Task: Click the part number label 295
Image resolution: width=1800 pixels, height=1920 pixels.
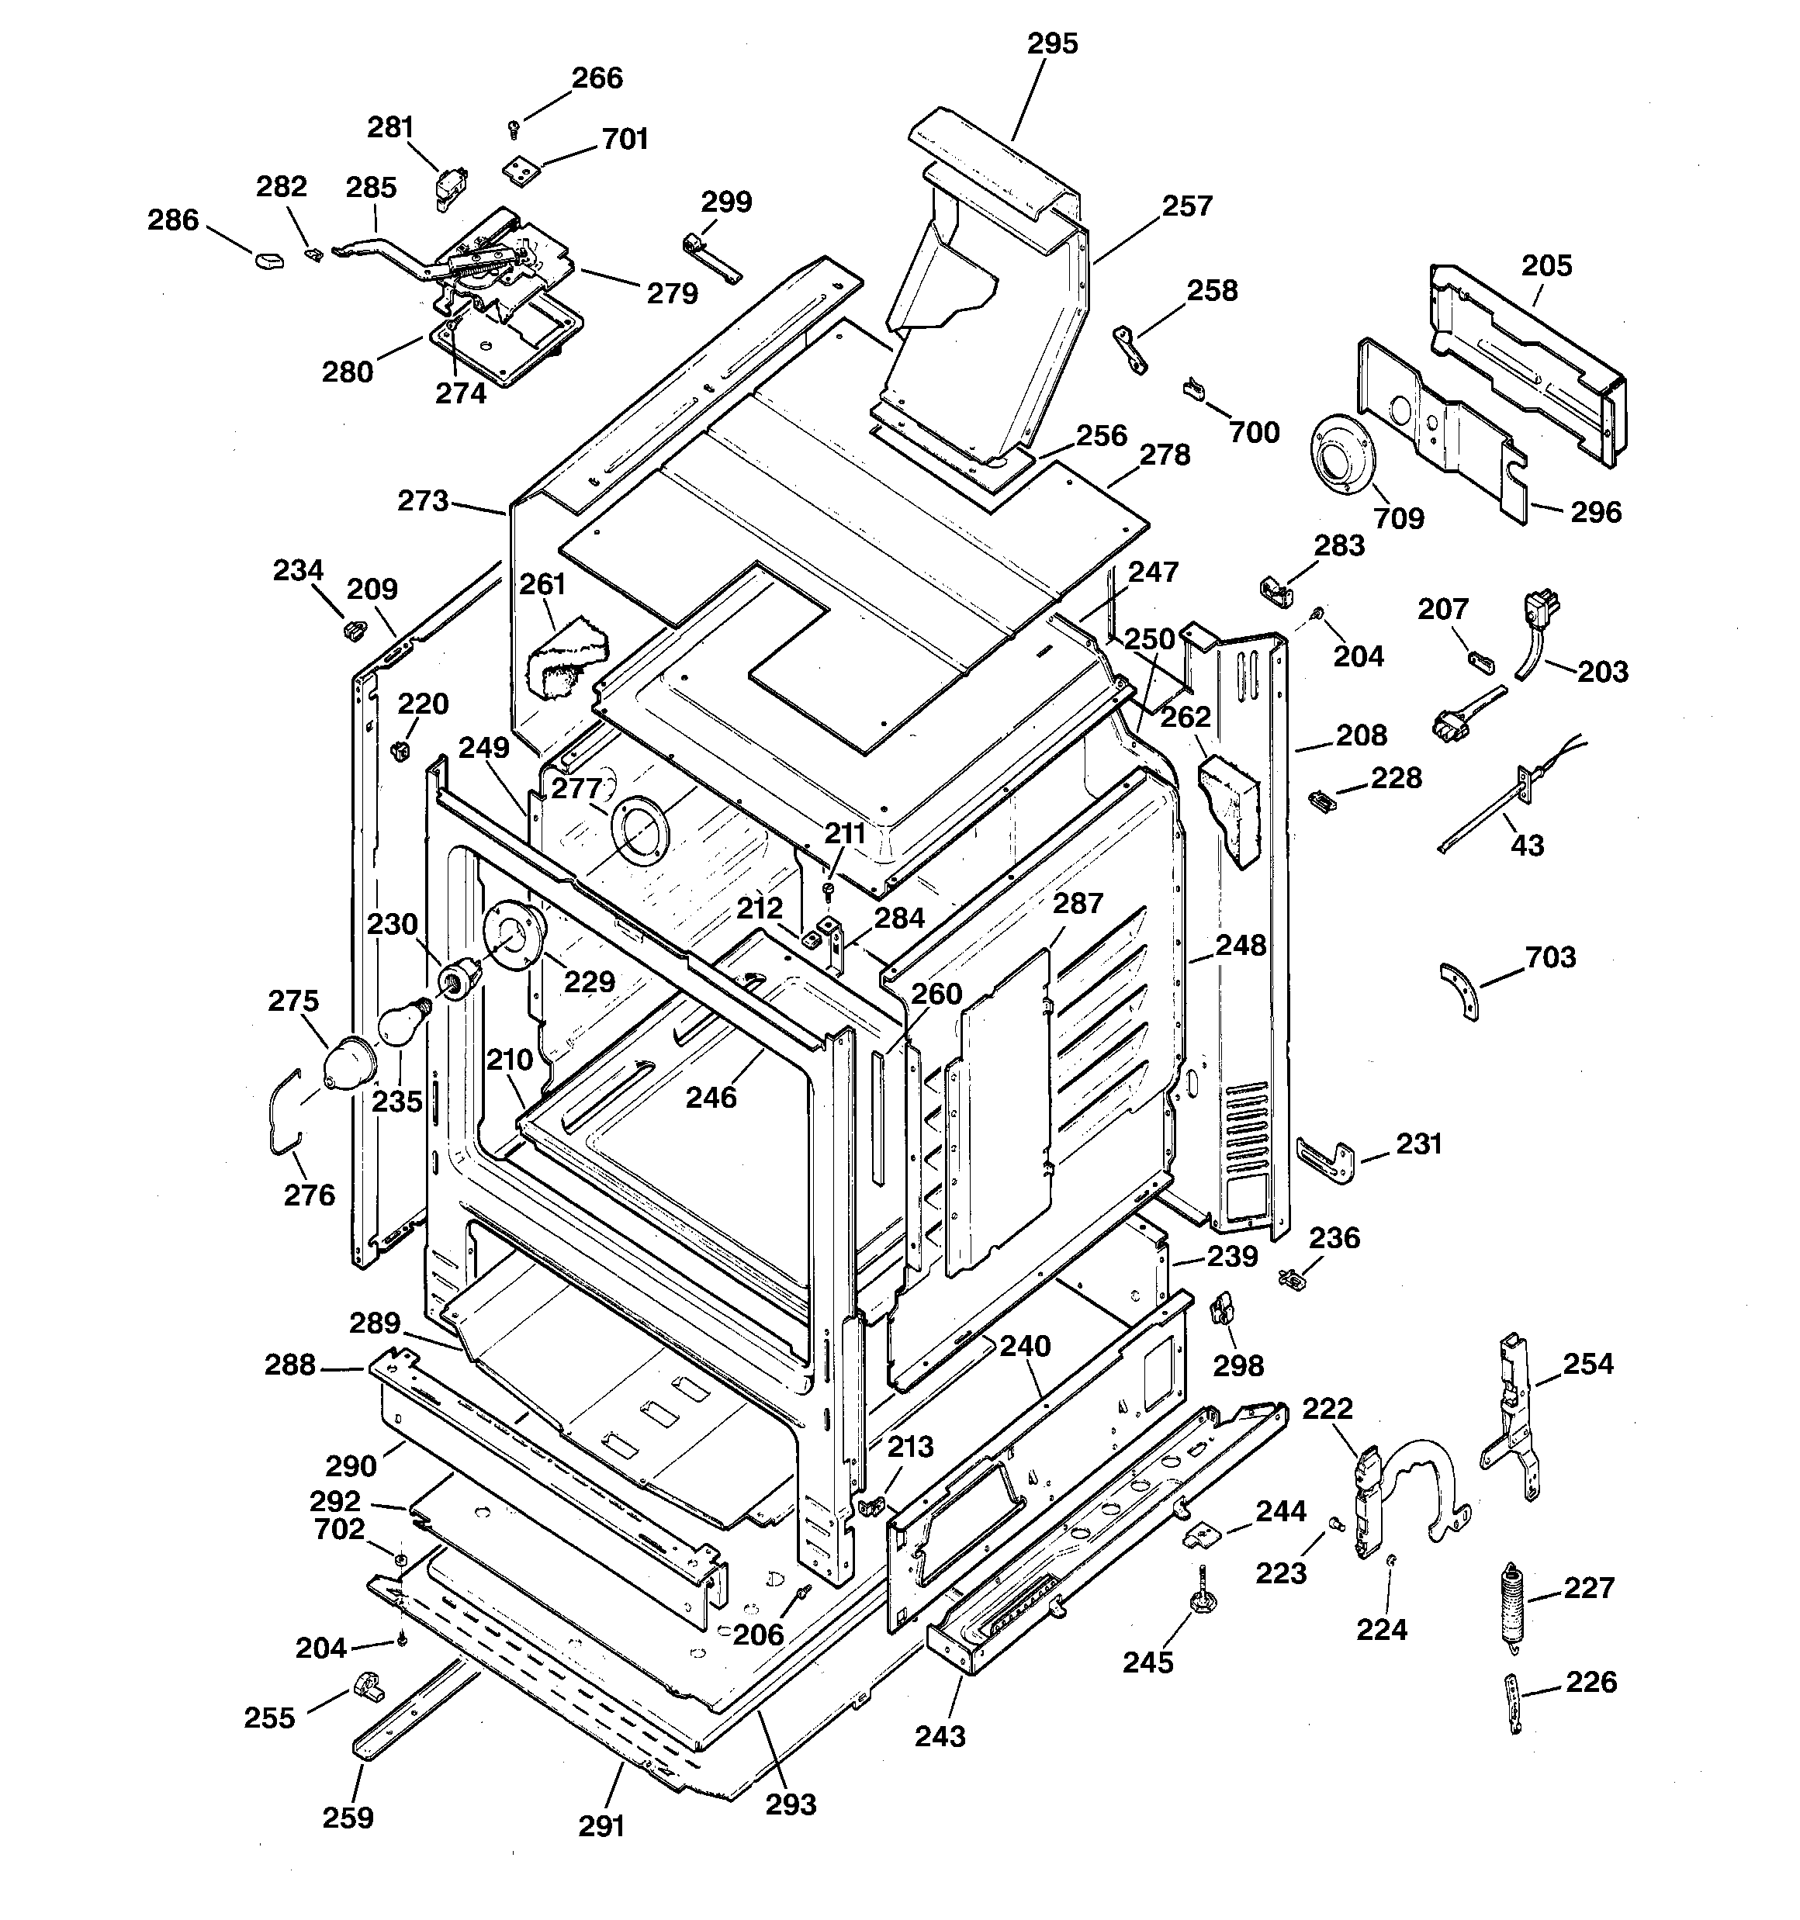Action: pyautogui.click(x=1051, y=43)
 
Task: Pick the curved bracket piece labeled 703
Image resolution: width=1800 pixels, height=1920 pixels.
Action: pyautogui.click(x=1461, y=990)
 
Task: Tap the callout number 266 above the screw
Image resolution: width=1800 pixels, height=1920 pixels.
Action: pyautogui.click(x=597, y=78)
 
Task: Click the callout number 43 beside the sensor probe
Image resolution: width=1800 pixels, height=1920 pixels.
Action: pyautogui.click(x=1527, y=845)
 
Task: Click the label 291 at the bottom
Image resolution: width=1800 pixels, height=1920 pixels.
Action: pyautogui.click(x=601, y=1825)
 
